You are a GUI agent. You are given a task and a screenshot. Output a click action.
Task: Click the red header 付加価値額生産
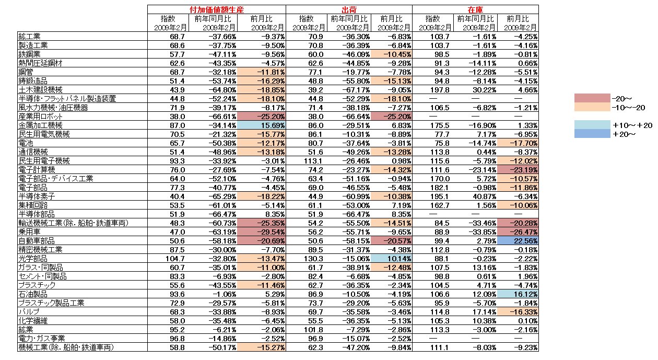pos(216,9)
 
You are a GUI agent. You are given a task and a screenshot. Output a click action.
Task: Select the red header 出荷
pos(349,9)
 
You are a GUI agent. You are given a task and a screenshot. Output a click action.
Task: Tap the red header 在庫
pos(475,9)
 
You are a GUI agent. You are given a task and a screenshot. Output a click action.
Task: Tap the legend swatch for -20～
pos(592,98)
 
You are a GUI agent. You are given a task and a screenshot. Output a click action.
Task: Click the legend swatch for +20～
pos(592,134)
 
